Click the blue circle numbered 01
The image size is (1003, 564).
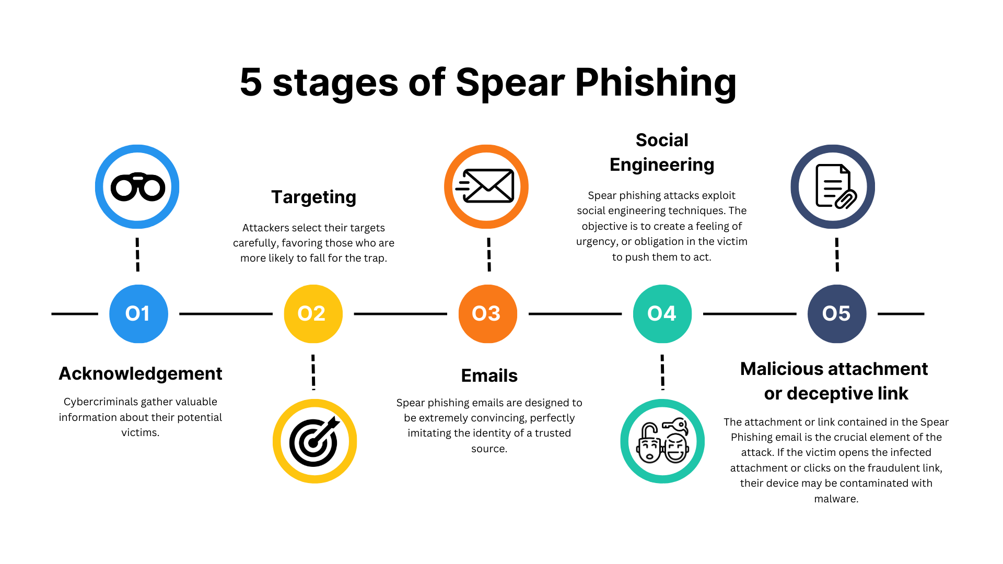point(138,314)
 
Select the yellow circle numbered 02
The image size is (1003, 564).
point(313,314)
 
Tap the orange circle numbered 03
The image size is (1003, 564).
point(487,314)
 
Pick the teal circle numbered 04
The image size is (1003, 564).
point(662,314)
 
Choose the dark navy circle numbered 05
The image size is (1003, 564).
point(836,314)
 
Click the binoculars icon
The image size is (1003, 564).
point(137,187)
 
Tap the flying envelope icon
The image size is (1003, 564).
point(486,186)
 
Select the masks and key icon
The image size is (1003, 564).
point(662,441)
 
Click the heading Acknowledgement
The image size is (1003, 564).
point(141,374)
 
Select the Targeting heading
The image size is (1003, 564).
point(313,197)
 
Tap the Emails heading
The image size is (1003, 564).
point(489,376)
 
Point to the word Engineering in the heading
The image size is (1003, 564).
point(662,165)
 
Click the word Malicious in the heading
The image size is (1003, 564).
point(784,369)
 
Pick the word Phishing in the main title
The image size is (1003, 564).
point(655,84)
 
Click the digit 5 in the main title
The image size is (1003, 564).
point(251,83)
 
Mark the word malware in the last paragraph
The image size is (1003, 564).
point(835,499)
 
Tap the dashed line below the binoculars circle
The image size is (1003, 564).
point(137,254)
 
